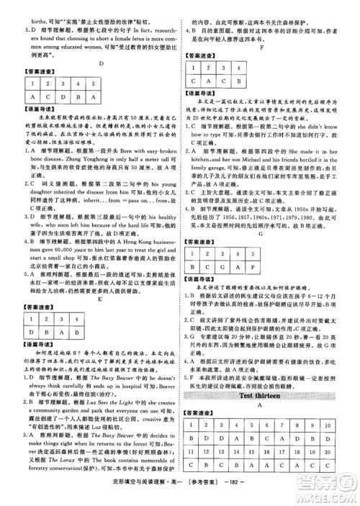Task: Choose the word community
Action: click(49, 393)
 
